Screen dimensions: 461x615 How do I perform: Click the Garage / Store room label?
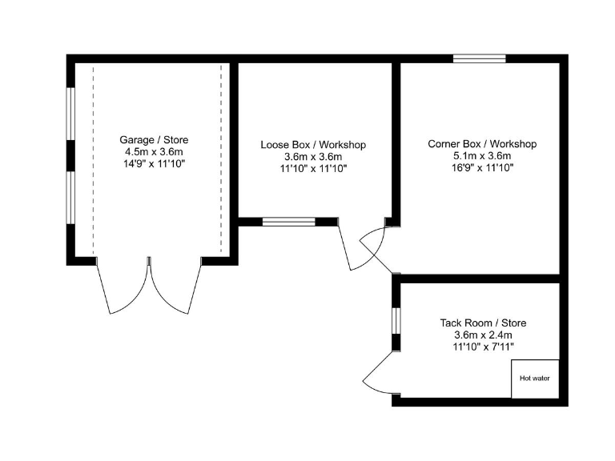pos(154,139)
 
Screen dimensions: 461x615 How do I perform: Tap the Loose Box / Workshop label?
pos(313,145)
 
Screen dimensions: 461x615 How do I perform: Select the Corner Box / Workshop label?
pos(482,144)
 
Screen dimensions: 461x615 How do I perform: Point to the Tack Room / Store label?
pos(483,323)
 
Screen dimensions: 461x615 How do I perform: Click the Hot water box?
pos(535,378)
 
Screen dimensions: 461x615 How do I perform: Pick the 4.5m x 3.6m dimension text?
pos(154,151)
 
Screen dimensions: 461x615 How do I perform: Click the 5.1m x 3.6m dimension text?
pos(482,156)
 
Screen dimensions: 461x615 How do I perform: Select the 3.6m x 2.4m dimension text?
pos(483,335)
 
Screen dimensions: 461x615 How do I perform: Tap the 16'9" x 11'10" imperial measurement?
pos(482,168)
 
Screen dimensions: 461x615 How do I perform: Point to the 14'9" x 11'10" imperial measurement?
pos(154,163)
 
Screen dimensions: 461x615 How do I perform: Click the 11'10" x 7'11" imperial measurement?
pos(483,347)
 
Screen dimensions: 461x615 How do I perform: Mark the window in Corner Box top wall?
pos(479,58)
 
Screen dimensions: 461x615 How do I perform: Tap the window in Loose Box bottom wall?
pos(288,222)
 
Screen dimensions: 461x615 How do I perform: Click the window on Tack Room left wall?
pos(396,319)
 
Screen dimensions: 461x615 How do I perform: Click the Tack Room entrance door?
pos(377,376)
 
